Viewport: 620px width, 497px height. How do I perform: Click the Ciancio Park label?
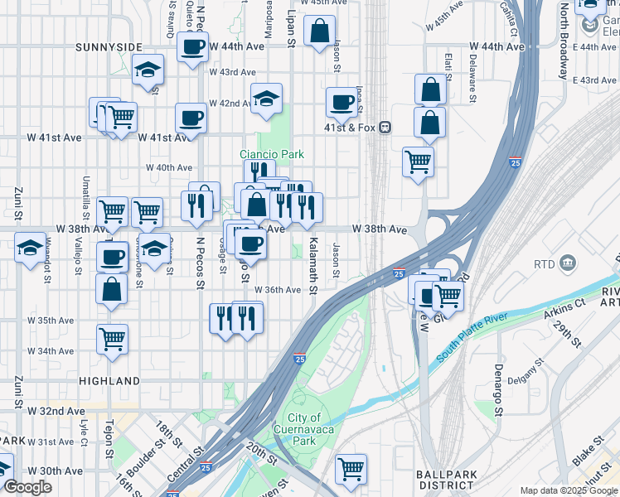tap(272, 154)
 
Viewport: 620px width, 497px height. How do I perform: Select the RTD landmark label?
tap(545, 264)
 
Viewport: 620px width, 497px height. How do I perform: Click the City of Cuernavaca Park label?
tap(305, 429)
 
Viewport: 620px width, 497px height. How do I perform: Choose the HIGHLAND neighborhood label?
tap(109, 381)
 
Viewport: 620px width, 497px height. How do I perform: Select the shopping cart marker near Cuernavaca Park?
tap(351, 468)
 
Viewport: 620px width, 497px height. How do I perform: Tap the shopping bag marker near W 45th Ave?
tap(320, 31)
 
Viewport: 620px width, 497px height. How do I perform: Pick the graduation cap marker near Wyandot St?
tap(31, 248)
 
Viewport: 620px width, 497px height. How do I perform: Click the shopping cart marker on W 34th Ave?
tap(112, 338)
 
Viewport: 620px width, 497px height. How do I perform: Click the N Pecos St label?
tap(200, 264)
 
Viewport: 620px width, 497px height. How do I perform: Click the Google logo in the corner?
tap(27, 487)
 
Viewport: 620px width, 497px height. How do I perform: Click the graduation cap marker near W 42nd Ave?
tap(266, 99)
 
